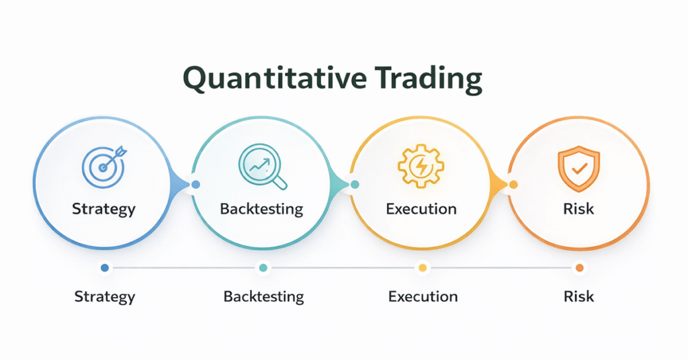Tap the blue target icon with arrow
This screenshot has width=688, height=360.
(x=103, y=164)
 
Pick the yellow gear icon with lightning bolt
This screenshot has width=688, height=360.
(x=421, y=165)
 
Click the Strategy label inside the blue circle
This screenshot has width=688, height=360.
(x=103, y=208)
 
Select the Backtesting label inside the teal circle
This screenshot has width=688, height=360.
(x=261, y=209)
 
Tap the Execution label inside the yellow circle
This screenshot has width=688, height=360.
(x=421, y=208)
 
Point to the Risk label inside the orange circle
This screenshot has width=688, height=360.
(x=578, y=208)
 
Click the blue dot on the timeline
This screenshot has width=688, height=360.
(x=104, y=268)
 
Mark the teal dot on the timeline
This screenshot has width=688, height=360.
(x=263, y=268)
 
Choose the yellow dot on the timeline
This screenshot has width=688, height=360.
(x=423, y=268)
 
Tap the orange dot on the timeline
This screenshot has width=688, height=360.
(x=579, y=268)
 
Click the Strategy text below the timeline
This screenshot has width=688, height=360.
(x=104, y=296)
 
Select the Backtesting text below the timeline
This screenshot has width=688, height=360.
(x=263, y=296)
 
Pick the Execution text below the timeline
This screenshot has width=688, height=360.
(x=423, y=296)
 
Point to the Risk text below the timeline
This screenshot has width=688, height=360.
(x=579, y=296)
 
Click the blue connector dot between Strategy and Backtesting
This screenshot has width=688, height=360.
(x=196, y=184)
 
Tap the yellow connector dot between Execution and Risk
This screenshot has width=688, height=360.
(x=513, y=184)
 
